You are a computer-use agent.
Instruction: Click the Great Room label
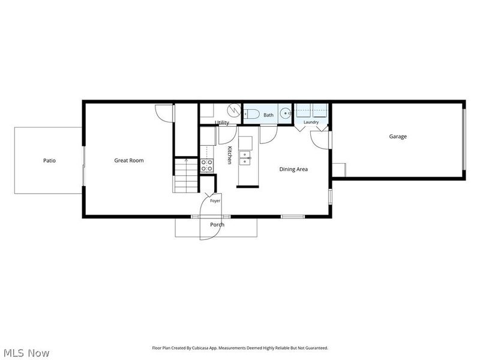128,160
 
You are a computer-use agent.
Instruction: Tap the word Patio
49,160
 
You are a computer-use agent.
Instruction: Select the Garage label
398,137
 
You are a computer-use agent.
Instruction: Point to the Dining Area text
293,169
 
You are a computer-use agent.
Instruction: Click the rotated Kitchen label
229,155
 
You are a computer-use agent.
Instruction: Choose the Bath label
268,115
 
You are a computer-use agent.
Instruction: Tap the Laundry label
311,122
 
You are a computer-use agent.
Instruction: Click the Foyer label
215,201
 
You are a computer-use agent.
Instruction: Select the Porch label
217,224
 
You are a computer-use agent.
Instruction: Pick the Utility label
222,122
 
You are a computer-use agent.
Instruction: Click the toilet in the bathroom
251,113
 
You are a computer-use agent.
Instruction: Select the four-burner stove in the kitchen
207,166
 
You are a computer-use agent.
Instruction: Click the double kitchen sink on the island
245,158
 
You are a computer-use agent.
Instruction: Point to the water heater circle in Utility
235,109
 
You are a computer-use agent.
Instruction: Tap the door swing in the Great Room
164,113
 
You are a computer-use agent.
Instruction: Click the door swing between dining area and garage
320,140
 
